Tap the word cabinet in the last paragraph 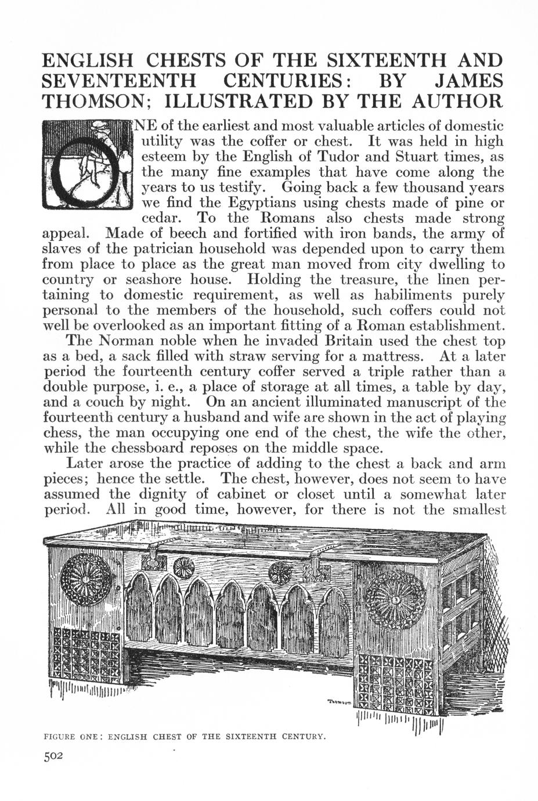pyautogui.click(x=236, y=495)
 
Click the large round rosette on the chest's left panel pyautogui.click(x=86, y=580)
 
